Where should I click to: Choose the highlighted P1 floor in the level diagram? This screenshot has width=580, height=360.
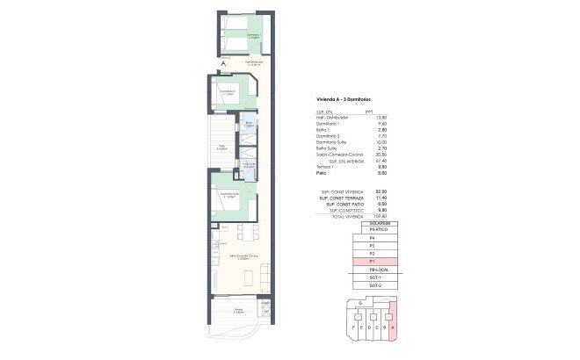pos(375,262)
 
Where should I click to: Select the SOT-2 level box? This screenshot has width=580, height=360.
pos(375,285)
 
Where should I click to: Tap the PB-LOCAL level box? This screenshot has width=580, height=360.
pos(375,270)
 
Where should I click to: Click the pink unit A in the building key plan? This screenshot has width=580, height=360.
pos(392,320)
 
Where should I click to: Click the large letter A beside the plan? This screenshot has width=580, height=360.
pos(224,63)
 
